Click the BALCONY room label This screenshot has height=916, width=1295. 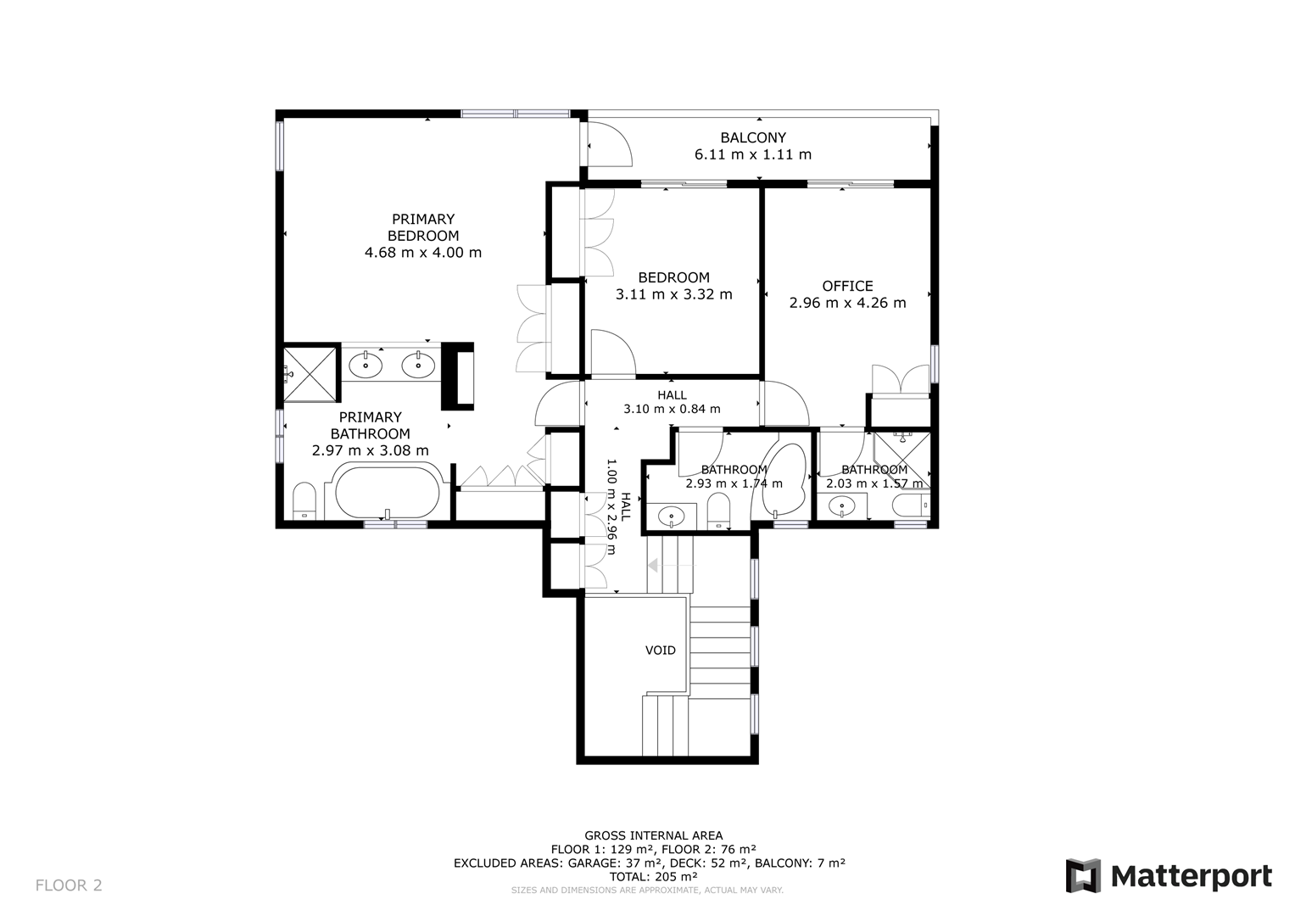[753, 137]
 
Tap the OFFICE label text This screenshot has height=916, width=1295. [847, 287]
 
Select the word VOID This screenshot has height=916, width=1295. [660, 651]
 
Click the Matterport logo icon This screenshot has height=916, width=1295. [1083, 876]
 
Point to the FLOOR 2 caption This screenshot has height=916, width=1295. [69, 885]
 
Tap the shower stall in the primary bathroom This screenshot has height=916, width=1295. [310, 373]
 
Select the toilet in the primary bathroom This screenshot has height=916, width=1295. [304, 500]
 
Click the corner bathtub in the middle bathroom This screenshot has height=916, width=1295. [782, 480]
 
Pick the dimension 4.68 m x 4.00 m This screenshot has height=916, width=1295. [423, 253]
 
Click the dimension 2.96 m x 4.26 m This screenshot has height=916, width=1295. [847, 303]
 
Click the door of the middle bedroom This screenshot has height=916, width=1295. [613, 354]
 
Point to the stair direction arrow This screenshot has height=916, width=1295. [672, 565]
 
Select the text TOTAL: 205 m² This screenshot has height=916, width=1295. [653, 877]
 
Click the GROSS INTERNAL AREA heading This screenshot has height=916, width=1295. [653, 835]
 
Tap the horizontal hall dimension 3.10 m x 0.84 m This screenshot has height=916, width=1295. [672, 409]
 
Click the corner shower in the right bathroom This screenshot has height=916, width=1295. [901, 461]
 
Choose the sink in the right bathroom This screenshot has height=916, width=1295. [842, 506]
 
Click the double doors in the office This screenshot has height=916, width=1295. [900, 379]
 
